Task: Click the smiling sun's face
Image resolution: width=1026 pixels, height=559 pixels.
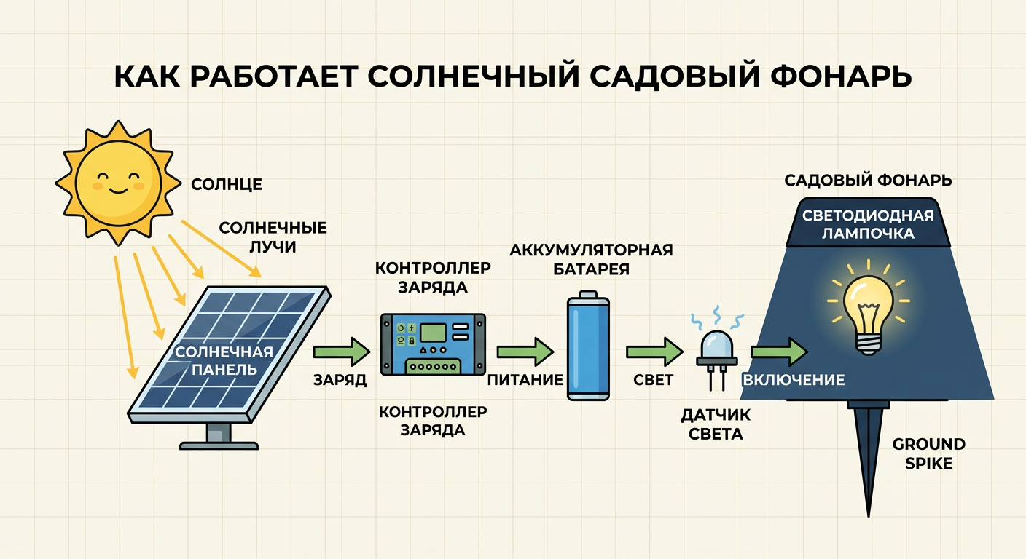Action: click(x=118, y=183)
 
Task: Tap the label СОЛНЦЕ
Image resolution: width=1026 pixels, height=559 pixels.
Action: click(x=227, y=184)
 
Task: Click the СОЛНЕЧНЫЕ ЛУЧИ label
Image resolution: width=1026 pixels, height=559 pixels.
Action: click(x=273, y=237)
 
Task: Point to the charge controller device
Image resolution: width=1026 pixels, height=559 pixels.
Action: click(x=434, y=344)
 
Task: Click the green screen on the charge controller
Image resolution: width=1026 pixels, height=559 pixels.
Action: click(x=434, y=333)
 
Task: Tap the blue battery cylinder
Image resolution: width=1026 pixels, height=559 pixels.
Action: click(x=588, y=346)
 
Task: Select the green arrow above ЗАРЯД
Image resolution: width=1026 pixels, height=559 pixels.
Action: click(x=342, y=352)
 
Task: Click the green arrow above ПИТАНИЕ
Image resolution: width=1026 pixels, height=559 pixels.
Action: click(x=525, y=352)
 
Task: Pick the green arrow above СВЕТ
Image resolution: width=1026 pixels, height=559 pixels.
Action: click(x=654, y=352)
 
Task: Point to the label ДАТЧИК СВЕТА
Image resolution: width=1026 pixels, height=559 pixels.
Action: click(x=716, y=424)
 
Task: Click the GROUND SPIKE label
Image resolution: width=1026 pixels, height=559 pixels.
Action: click(x=929, y=453)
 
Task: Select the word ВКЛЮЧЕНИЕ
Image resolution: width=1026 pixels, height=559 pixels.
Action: click(x=794, y=380)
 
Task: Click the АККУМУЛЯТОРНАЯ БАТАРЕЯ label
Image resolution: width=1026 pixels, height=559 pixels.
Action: click(x=591, y=259)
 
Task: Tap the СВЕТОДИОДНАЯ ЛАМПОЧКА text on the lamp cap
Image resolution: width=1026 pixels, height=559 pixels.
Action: click(x=868, y=224)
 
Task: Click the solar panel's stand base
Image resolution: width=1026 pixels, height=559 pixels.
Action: click(x=219, y=445)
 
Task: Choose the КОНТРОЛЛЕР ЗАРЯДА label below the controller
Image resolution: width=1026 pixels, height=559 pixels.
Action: click(x=433, y=421)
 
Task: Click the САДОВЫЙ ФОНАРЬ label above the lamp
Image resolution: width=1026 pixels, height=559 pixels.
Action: click(x=869, y=181)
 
